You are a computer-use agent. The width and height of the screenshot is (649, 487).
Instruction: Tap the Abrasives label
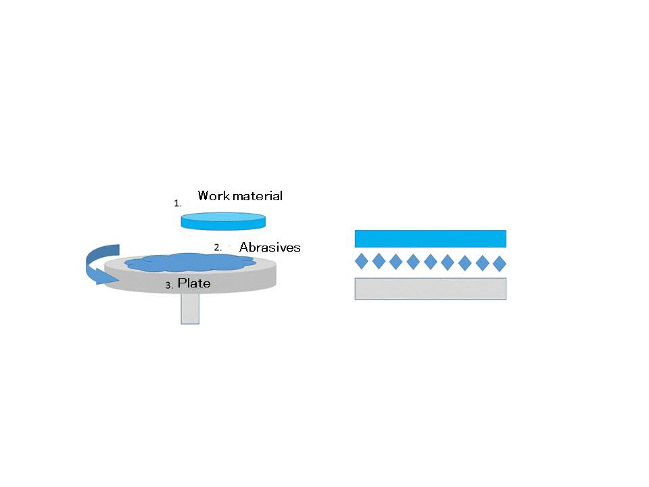(270, 248)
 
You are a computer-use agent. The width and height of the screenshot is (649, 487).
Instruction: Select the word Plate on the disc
(194, 283)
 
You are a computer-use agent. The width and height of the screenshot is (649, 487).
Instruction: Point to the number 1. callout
(178, 204)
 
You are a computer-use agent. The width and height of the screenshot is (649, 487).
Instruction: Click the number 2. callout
(218, 248)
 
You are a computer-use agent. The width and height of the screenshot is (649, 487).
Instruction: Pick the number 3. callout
(169, 285)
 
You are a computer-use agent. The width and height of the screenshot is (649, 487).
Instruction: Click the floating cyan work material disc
(223, 221)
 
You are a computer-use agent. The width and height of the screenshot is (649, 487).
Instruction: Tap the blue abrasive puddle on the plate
(190, 262)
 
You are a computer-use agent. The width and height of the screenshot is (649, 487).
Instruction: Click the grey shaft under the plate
(190, 308)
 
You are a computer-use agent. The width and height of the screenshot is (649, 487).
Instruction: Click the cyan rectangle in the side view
(431, 239)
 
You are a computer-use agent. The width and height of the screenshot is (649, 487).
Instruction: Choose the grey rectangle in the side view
(431, 288)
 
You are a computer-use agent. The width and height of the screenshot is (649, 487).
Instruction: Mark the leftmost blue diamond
(362, 261)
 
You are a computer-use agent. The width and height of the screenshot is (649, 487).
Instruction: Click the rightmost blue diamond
(500, 263)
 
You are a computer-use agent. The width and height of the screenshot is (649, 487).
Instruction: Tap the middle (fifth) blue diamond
(431, 262)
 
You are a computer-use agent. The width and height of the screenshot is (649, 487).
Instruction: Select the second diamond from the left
(379, 261)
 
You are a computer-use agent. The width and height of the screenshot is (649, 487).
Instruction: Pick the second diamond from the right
(483, 263)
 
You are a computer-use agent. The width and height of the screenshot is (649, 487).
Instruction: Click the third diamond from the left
(396, 262)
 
